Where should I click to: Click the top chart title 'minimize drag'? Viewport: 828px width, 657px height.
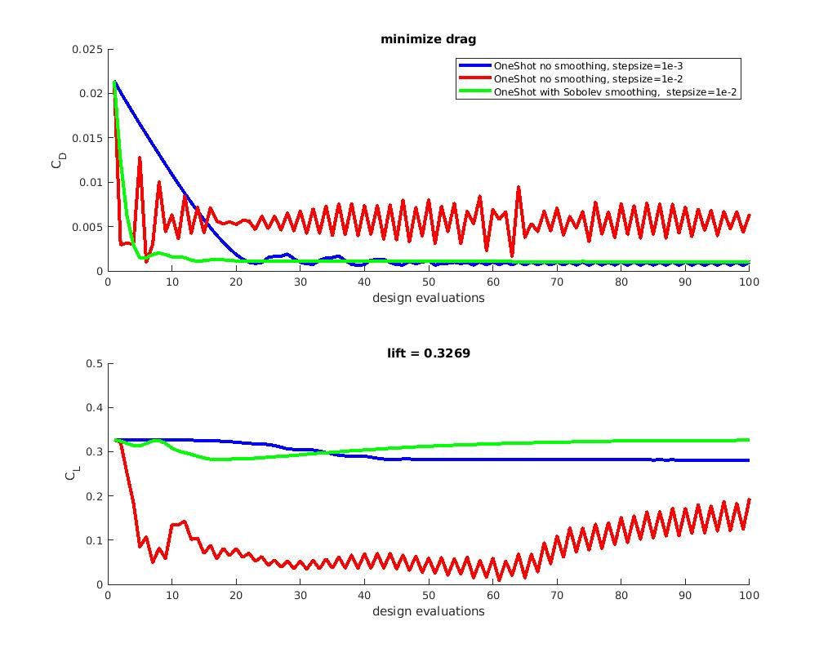tap(429, 39)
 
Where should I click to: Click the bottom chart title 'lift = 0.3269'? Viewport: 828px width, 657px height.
tap(429, 353)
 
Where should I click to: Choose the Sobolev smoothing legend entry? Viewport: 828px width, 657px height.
tap(617, 92)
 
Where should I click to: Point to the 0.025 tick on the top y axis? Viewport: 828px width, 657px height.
tap(88, 49)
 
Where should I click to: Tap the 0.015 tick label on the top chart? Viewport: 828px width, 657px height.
tap(88, 138)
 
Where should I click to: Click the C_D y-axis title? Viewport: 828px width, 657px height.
tap(56, 161)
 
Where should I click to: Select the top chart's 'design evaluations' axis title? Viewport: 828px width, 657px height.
tap(429, 297)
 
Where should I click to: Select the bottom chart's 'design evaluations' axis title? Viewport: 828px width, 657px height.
tap(429, 610)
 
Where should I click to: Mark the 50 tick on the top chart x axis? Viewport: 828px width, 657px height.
tap(429, 282)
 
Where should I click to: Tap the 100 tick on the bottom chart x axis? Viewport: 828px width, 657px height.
tap(750, 596)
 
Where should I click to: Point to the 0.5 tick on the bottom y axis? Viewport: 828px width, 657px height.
tap(94, 363)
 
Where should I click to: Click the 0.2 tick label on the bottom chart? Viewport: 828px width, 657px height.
tap(94, 496)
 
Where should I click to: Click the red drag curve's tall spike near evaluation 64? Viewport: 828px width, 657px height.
tap(518, 188)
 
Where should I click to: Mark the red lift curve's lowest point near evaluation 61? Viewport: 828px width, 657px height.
tap(499, 579)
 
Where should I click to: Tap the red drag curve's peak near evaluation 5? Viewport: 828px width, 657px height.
tap(140, 158)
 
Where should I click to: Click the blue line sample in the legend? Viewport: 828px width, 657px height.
tap(474, 65)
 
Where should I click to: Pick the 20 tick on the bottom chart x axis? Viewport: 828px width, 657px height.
tap(237, 596)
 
